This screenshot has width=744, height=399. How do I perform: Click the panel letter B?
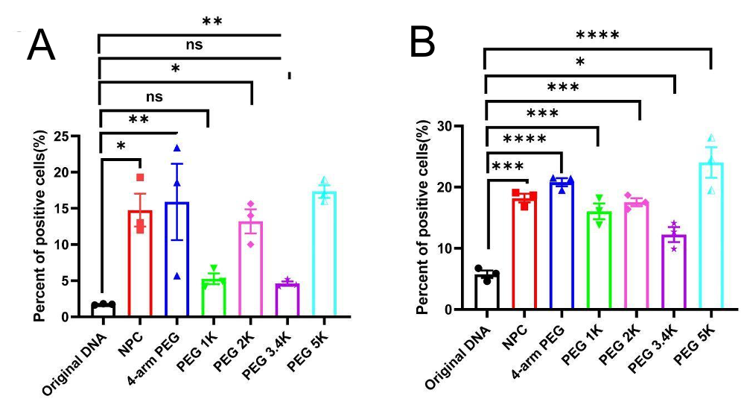click(x=423, y=45)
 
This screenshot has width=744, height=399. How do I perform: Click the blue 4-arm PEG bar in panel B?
click(x=562, y=245)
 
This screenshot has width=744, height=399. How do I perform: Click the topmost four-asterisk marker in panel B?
click(x=597, y=35)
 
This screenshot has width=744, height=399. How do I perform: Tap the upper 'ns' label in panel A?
click(x=194, y=44)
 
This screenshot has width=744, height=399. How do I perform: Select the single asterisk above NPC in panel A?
click(x=120, y=145)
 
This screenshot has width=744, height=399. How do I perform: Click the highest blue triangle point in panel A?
click(x=177, y=148)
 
